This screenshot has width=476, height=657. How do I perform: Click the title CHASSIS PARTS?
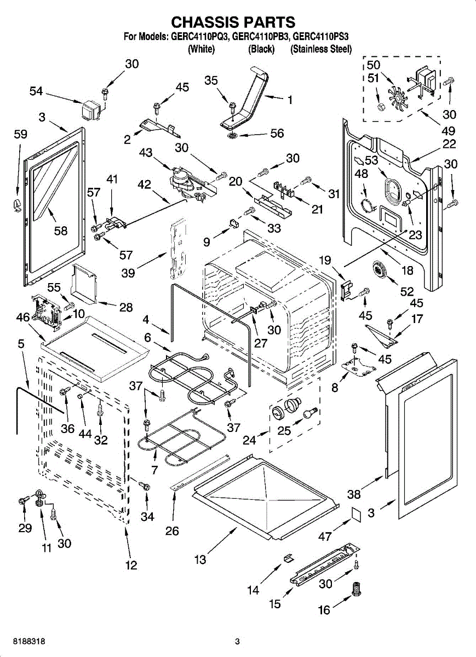pos(233,22)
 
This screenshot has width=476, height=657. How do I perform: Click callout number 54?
pos(36,92)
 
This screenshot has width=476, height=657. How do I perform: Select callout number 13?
pos(200,559)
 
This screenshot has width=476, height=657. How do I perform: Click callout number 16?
pos(324,609)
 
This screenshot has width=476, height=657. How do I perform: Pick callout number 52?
pos(406,292)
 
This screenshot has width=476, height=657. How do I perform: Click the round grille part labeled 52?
pos(378,270)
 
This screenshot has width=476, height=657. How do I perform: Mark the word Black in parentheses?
pos(261,49)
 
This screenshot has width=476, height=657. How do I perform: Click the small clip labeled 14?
pos(288,558)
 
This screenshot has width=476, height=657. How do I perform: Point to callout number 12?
pos(131,566)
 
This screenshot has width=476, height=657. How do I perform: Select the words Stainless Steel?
pos(320,49)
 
